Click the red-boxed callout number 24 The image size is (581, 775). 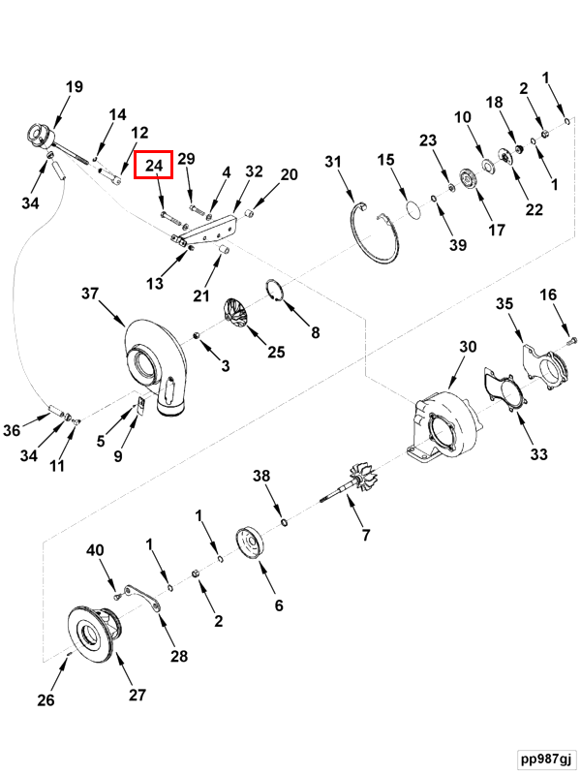pos(153,166)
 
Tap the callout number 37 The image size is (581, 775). pos(90,294)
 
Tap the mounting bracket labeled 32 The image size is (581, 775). pos(213,229)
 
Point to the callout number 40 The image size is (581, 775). pos(94,551)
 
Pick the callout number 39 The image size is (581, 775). pos(457,245)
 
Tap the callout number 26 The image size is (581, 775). pos(46,699)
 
